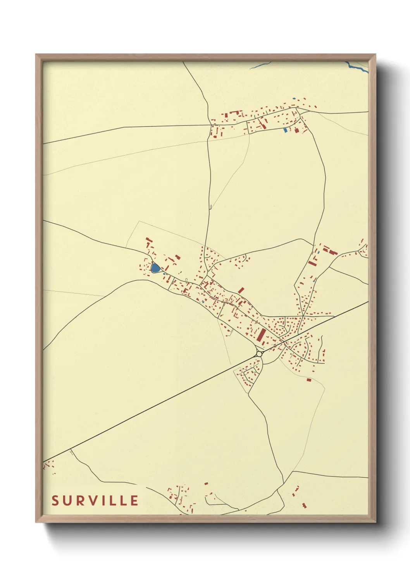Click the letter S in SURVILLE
[x=55, y=501]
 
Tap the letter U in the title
[x=67, y=501]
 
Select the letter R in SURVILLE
[x=80, y=501]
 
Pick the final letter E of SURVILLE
[x=134, y=501]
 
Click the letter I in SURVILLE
[x=103, y=501]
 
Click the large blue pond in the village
[x=155, y=268]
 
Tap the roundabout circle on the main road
[x=259, y=353]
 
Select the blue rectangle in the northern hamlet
[x=286, y=130]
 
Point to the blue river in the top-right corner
[x=358, y=68]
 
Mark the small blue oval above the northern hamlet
[x=294, y=99]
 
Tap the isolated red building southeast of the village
[x=309, y=380]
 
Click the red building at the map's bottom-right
[x=304, y=505]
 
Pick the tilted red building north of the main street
[x=241, y=290]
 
